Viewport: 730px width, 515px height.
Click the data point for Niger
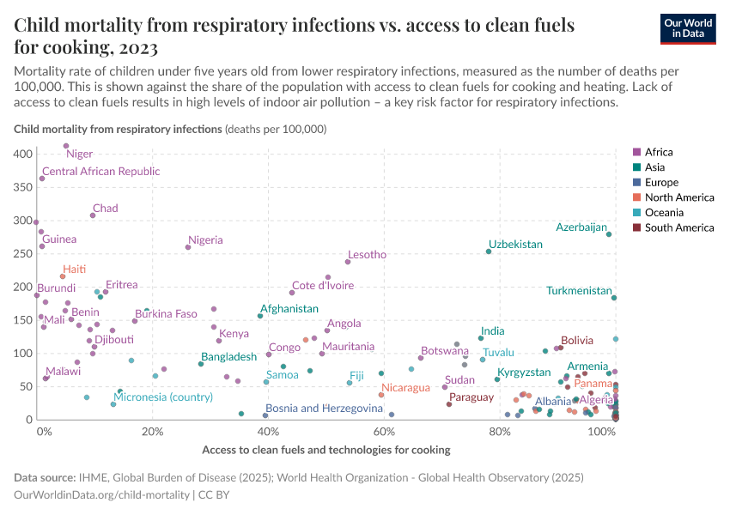point(66,146)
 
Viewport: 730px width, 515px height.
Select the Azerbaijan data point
point(609,234)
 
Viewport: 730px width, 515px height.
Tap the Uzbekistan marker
point(489,251)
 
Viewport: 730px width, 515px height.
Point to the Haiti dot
point(63,276)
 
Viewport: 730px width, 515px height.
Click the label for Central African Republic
point(100,172)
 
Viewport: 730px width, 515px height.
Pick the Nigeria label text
point(205,240)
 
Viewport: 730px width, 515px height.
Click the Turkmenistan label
point(578,291)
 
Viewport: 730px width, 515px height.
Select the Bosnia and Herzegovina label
point(324,409)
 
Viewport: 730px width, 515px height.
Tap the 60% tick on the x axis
point(382,431)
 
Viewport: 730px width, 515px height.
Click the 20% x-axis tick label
point(152,431)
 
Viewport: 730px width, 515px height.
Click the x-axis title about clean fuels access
point(325,450)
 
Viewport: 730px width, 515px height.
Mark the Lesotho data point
point(348,262)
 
